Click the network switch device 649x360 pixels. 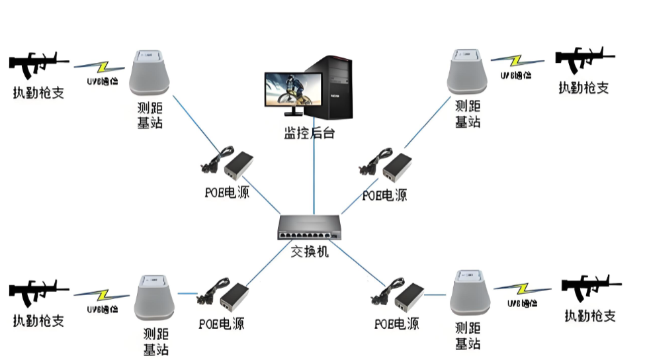[x=310, y=228]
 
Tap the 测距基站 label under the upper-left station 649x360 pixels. [x=150, y=115]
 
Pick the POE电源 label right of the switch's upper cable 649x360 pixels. [x=384, y=195]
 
